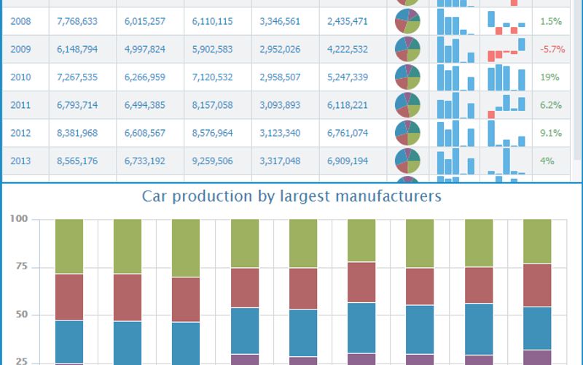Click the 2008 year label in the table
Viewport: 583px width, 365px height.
[20, 21]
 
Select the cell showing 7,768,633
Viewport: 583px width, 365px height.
[77, 21]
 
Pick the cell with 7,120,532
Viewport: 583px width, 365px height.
[212, 77]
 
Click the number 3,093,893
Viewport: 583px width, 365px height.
[280, 105]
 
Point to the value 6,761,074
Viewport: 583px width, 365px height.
[348, 133]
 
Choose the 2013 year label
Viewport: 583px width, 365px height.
[20, 161]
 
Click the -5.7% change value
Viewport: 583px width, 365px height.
[551, 50]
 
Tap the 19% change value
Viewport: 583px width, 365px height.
[551, 77]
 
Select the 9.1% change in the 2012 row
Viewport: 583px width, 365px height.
[551, 133]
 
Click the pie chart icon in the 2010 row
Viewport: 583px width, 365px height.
[408, 77]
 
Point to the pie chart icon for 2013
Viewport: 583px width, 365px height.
[408, 161]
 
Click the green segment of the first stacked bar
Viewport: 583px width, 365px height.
[69, 246]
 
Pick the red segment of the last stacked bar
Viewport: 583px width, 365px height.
[537, 285]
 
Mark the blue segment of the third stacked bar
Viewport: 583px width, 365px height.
[186, 343]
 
